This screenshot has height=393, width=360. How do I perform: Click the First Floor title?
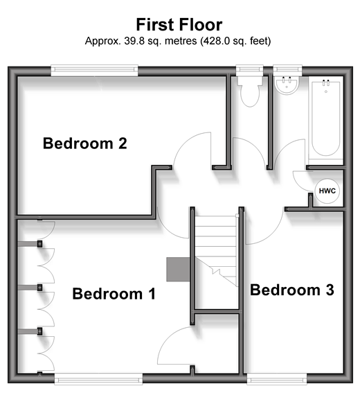click(x=179, y=24)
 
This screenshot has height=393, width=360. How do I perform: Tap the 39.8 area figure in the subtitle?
click(x=134, y=41)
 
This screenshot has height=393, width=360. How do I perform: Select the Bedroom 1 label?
click(x=114, y=294)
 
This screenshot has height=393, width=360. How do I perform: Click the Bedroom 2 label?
click(x=85, y=143)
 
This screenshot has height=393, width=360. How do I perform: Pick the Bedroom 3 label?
click(x=292, y=290)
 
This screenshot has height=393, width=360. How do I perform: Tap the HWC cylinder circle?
click(x=327, y=191)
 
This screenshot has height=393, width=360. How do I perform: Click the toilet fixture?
click(x=250, y=91)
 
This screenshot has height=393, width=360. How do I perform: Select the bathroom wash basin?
click(x=287, y=85)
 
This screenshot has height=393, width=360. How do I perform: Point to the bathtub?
click(x=325, y=121)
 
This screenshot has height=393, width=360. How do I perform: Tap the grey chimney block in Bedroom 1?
click(x=178, y=270)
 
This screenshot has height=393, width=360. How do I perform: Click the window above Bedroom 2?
click(x=94, y=71)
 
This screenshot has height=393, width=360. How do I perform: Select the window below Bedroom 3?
click(x=277, y=379)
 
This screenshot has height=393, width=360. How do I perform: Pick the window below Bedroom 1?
click(x=98, y=379)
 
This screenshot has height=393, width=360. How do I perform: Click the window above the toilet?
click(x=250, y=71)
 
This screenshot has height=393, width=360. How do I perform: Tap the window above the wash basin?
click(x=287, y=71)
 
